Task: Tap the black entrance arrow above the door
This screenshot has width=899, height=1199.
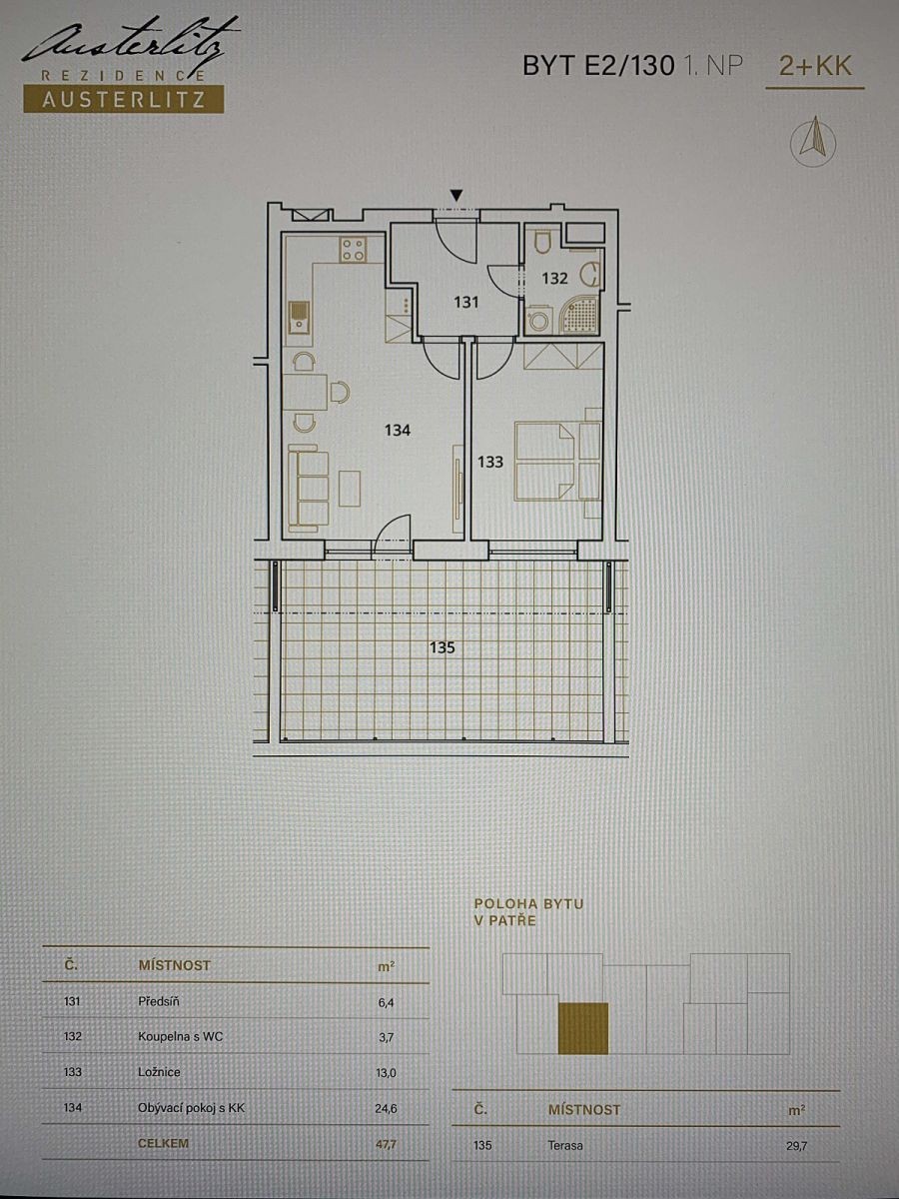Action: [x=456, y=196]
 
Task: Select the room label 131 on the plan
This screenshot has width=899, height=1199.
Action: [x=466, y=302]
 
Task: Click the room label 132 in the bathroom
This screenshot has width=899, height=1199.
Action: [x=554, y=279]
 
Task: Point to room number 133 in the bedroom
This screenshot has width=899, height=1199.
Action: [x=490, y=463]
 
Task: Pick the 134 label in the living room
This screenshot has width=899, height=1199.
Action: [x=398, y=431]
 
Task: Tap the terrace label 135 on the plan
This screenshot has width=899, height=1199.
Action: [x=442, y=647]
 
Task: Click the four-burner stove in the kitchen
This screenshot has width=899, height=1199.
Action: [x=354, y=249]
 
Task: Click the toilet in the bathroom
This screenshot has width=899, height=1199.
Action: [x=543, y=241]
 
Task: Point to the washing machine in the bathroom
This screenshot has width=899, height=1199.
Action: [x=539, y=321]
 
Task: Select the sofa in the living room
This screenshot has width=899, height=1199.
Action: [x=308, y=488]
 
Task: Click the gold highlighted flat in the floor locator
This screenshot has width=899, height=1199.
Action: [x=583, y=1028]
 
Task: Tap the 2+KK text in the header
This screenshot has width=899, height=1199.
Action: [x=815, y=66]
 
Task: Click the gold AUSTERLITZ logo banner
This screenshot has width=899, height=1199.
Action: [x=124, y=99]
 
